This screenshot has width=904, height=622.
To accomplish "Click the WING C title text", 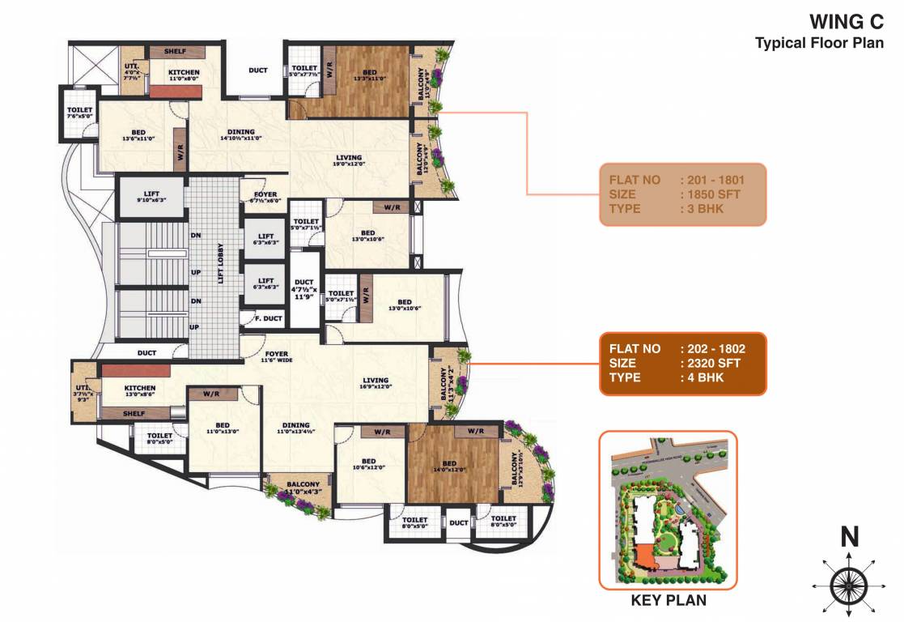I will pos(848,23).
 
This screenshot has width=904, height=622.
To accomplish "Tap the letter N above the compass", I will pos(848,536).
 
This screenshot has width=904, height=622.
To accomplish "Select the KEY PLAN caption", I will pos(668,600).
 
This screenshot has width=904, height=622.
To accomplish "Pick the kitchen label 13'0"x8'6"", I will pos(139,392).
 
